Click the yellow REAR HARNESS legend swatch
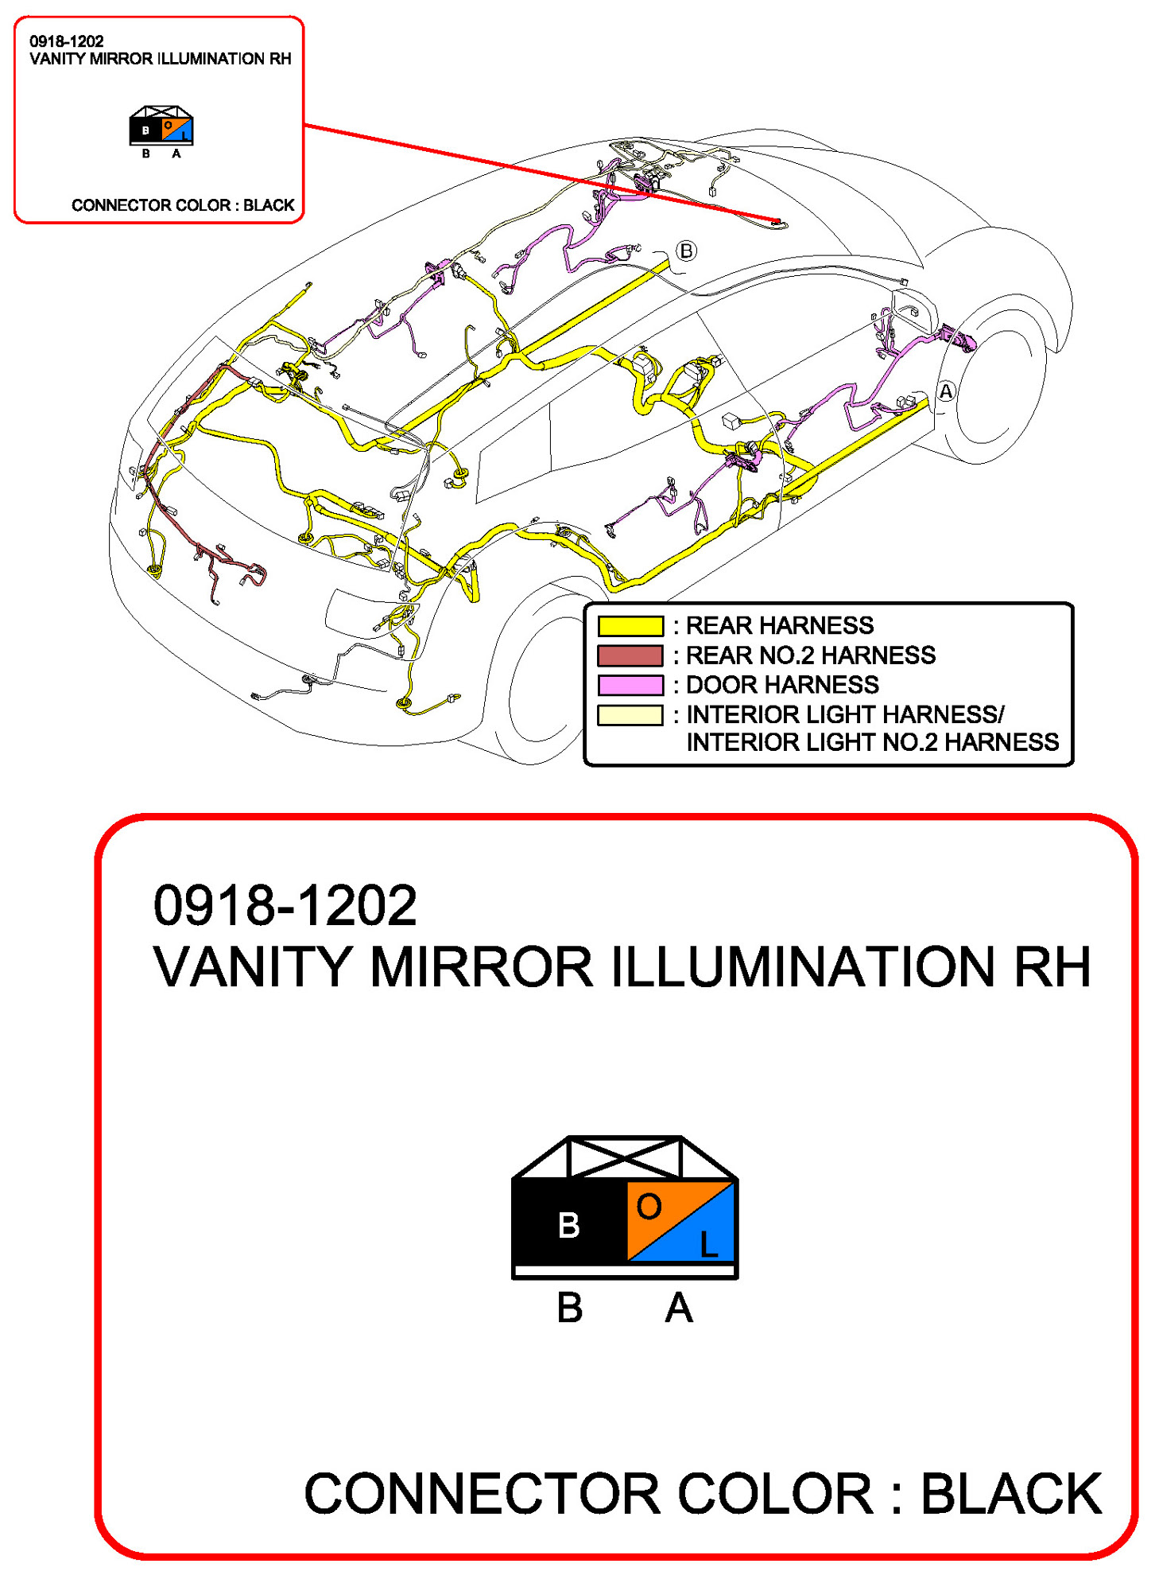tap(630, 625)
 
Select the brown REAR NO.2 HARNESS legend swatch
tap(630, 655)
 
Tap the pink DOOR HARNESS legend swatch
tap(630, 684)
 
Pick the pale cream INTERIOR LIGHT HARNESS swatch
tap(630, 714)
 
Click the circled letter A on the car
tap(945, 391)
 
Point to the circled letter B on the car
tap(686, 251)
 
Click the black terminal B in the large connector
tap(569, 1224)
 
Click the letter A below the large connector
tap(678, 1308)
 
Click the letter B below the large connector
tap(570, 1308)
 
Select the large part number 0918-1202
tap(285, 905)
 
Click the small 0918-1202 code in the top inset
tap(67, 41)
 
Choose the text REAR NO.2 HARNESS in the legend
tap(810, 655)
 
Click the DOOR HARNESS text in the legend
tap(782, 684)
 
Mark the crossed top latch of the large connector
tap(625, 1157)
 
